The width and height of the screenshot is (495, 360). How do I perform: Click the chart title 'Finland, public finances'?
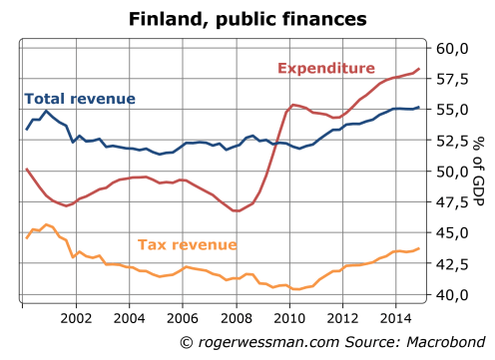[x=247, y=19]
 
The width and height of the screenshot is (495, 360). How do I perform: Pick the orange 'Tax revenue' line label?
[x=188, y=244]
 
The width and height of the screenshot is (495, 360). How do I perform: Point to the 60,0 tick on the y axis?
[x=452, y=48]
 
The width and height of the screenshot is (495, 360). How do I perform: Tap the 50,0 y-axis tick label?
[x=452, y=172]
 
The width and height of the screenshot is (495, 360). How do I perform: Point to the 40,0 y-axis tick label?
[x=452, y=295]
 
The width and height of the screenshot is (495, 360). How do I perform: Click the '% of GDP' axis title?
[x=481, y=172]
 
